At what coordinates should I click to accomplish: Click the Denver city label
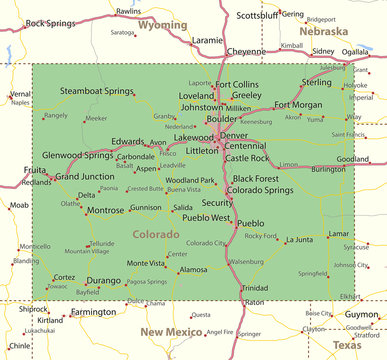point(234,135)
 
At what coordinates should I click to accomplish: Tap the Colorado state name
point(155,234)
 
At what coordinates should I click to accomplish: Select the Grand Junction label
point(84,176)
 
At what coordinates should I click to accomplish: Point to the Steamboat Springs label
point(96,91)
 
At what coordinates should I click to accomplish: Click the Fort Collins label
point(236,84)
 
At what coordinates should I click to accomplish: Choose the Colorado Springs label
point(260,189)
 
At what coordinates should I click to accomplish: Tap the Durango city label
point(103,281)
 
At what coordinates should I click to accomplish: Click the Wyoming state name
point(162,24)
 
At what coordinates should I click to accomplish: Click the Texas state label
point(347,344)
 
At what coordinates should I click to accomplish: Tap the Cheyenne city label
point(246,51)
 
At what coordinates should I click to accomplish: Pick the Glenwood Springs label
point(77,155)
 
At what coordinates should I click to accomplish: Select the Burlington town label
point(327,169)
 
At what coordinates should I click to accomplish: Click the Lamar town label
point(338,233)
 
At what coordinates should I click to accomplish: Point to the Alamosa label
point(192,269)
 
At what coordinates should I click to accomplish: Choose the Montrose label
point(105,211)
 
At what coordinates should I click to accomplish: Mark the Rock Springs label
point(50,22)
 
